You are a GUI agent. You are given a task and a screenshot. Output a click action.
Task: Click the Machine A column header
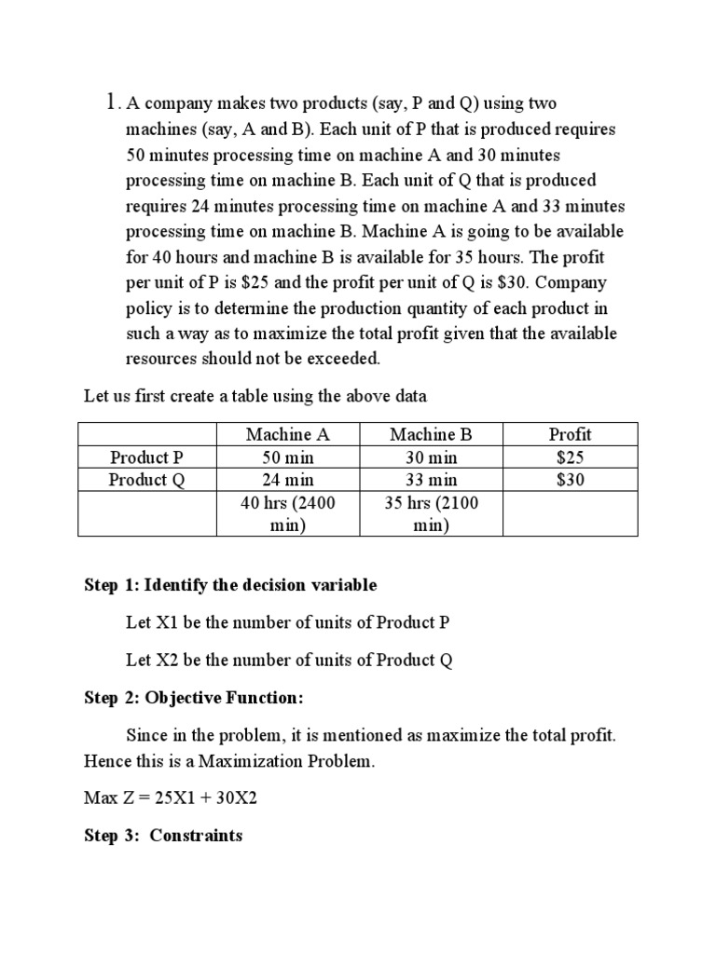288,434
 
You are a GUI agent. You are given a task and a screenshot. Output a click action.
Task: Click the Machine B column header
432,434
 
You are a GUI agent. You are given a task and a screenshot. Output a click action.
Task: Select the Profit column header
570,434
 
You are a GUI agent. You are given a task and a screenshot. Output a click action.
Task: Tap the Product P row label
146,457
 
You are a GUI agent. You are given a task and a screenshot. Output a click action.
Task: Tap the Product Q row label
146,480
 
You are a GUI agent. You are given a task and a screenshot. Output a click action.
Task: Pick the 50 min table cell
288,457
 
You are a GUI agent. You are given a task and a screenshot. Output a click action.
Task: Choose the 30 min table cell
432,457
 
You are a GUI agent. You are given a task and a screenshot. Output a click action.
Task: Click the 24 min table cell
288,480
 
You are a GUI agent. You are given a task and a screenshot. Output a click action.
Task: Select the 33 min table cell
432,480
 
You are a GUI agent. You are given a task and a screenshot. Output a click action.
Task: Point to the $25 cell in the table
570,457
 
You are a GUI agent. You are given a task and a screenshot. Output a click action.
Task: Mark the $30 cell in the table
570,480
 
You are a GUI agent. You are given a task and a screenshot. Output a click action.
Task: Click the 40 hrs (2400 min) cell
288,514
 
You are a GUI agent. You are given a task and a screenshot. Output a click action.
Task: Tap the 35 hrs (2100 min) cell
432,514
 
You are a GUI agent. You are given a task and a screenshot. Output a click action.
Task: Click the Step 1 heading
230,585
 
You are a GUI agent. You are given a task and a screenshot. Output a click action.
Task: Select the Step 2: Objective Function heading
194,698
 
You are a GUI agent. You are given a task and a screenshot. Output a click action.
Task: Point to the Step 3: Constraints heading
163,835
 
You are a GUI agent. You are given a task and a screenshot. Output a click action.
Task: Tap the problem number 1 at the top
111,101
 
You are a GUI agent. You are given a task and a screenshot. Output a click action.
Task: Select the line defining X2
289,660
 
